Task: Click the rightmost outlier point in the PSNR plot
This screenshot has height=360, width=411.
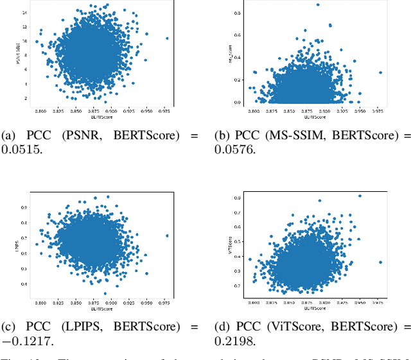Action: (168, 39)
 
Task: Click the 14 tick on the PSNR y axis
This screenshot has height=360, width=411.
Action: (25, 13)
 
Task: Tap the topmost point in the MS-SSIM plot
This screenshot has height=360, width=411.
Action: (317, 5)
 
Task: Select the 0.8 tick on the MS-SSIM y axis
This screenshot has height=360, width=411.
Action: (237, 13)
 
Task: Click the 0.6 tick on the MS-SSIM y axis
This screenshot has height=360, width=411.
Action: (237, 35)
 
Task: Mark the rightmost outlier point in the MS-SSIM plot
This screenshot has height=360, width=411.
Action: (380, 73)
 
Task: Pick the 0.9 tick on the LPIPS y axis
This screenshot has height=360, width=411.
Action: (25, 207)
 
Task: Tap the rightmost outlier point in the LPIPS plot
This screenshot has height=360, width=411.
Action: (168, 236)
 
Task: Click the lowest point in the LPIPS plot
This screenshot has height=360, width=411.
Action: (105, 293)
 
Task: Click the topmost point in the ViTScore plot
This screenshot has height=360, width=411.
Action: (360, 196)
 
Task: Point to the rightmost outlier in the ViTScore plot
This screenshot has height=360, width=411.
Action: (380, 262)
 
